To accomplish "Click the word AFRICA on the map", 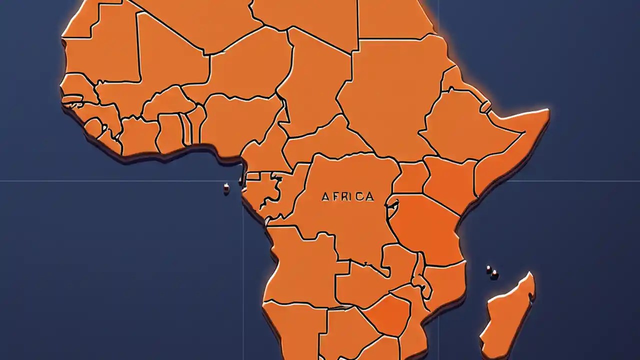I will tap(347, 196).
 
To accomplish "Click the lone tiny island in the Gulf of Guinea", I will tap(226, 188).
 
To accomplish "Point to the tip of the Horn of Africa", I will tap(547, 113).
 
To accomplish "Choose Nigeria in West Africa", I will tap(240, 120).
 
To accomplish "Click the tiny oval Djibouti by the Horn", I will tap(485, 106).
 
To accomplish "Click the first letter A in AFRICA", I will tap(325, 196).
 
